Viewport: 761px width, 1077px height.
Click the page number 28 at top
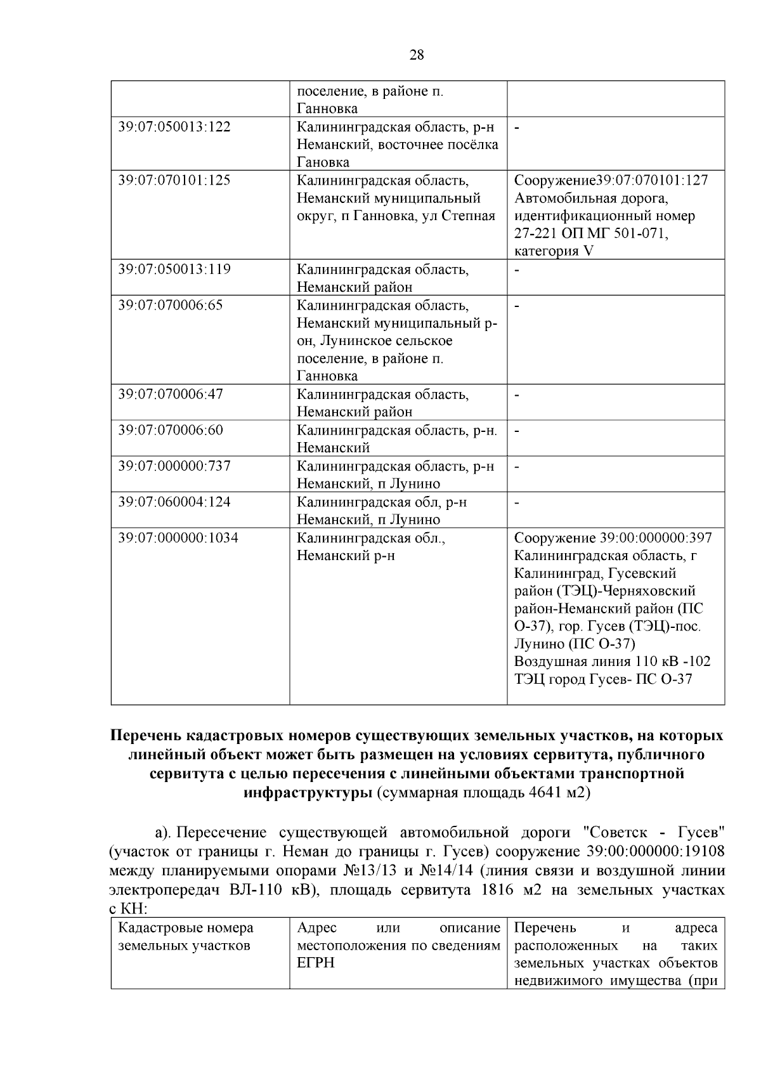point(417,55)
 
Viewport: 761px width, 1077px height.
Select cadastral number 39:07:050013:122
point(174,127)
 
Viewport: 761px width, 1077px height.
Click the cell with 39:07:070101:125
point(174,180)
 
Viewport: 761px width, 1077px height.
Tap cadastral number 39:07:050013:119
point(174,270)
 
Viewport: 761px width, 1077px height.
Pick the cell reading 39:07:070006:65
point(171,305)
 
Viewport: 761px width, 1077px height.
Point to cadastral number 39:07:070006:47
point(171,394)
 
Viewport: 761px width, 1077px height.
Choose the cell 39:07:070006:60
point(171,430)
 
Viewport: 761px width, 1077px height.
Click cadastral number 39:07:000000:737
point(174,466)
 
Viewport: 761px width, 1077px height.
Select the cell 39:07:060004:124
point(174,502)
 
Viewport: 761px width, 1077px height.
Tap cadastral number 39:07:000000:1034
point(178,538)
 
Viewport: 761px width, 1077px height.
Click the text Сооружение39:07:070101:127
point(611,180)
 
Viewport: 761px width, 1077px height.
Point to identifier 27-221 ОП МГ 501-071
point(591,233)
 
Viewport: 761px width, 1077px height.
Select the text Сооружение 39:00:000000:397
point(613,538)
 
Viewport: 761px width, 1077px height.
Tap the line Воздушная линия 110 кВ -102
point(612,662)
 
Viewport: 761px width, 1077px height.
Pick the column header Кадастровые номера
point(186,929)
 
